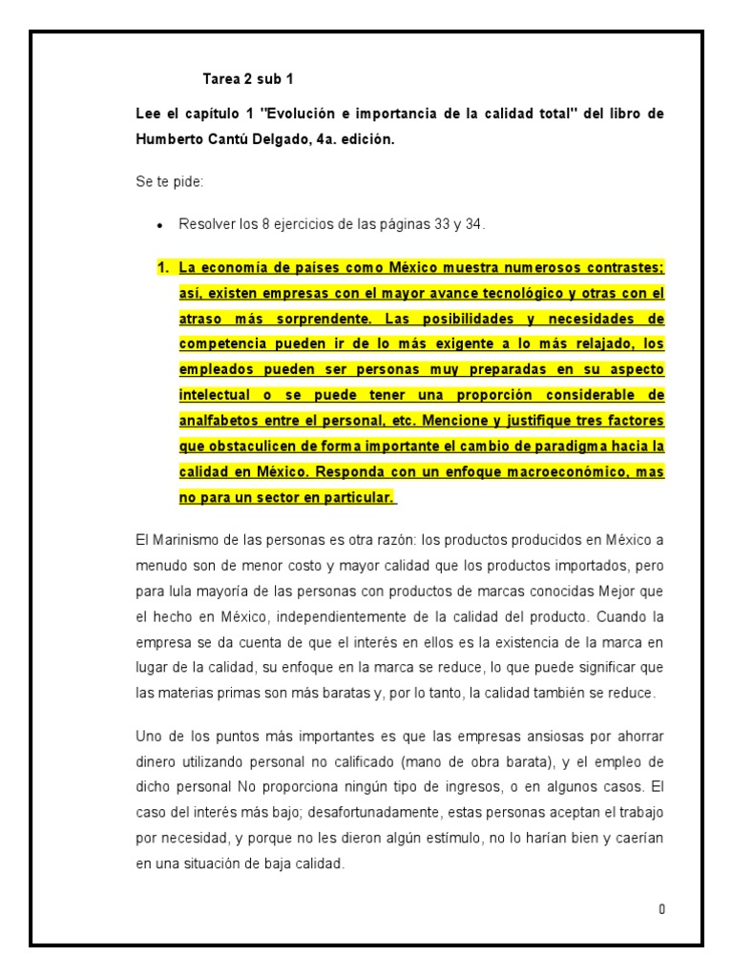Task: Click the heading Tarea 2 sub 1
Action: click(x=242, y=78)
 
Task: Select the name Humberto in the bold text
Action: click(x=174, y=138)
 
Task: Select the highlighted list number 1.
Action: click(x=163, y=268)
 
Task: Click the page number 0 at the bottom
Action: click(x=661, y=908)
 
